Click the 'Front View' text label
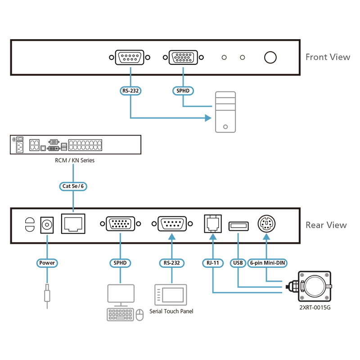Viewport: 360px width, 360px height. [x=327, y=57]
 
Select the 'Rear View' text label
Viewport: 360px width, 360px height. [x=326, y=225]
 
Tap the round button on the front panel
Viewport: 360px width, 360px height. [x=270, y=57]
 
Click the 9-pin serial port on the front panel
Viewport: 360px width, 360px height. [x=130, y=58]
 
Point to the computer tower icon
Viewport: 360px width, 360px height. [x=225, y=112]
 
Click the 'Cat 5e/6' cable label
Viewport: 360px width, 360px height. [x=72, y=186]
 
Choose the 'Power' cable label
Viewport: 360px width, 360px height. [x=47, y=263]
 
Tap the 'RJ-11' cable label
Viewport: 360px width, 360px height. [x=213, y=263]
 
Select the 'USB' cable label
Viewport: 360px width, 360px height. [x=238, y=263]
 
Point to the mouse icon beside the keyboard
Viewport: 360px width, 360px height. [x=139, y=314]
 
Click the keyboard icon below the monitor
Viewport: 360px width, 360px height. [x=120, y=314]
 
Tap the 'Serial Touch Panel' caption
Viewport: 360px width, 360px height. [x=171, y=311]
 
